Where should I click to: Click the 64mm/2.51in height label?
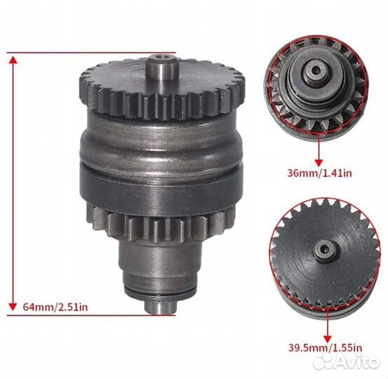(x=57, y=306)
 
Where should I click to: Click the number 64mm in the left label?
(x=36, y=306)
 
